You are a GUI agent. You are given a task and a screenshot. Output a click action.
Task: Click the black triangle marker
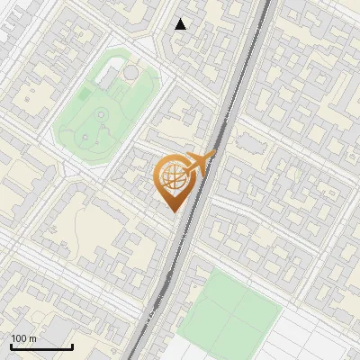coord(181,24)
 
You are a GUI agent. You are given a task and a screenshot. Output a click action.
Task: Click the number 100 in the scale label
coord(19,338)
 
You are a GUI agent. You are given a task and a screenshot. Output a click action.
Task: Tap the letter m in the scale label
coord(32,338)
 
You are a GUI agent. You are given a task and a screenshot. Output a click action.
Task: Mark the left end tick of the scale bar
coord(11,345)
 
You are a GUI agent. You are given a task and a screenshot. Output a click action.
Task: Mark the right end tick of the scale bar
coord(72,345)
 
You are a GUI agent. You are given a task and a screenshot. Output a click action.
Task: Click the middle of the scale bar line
coord(41,347)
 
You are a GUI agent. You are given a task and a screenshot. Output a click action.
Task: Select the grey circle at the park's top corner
coord(131,72)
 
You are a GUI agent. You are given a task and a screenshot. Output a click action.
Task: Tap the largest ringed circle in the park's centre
coord(101,114)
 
